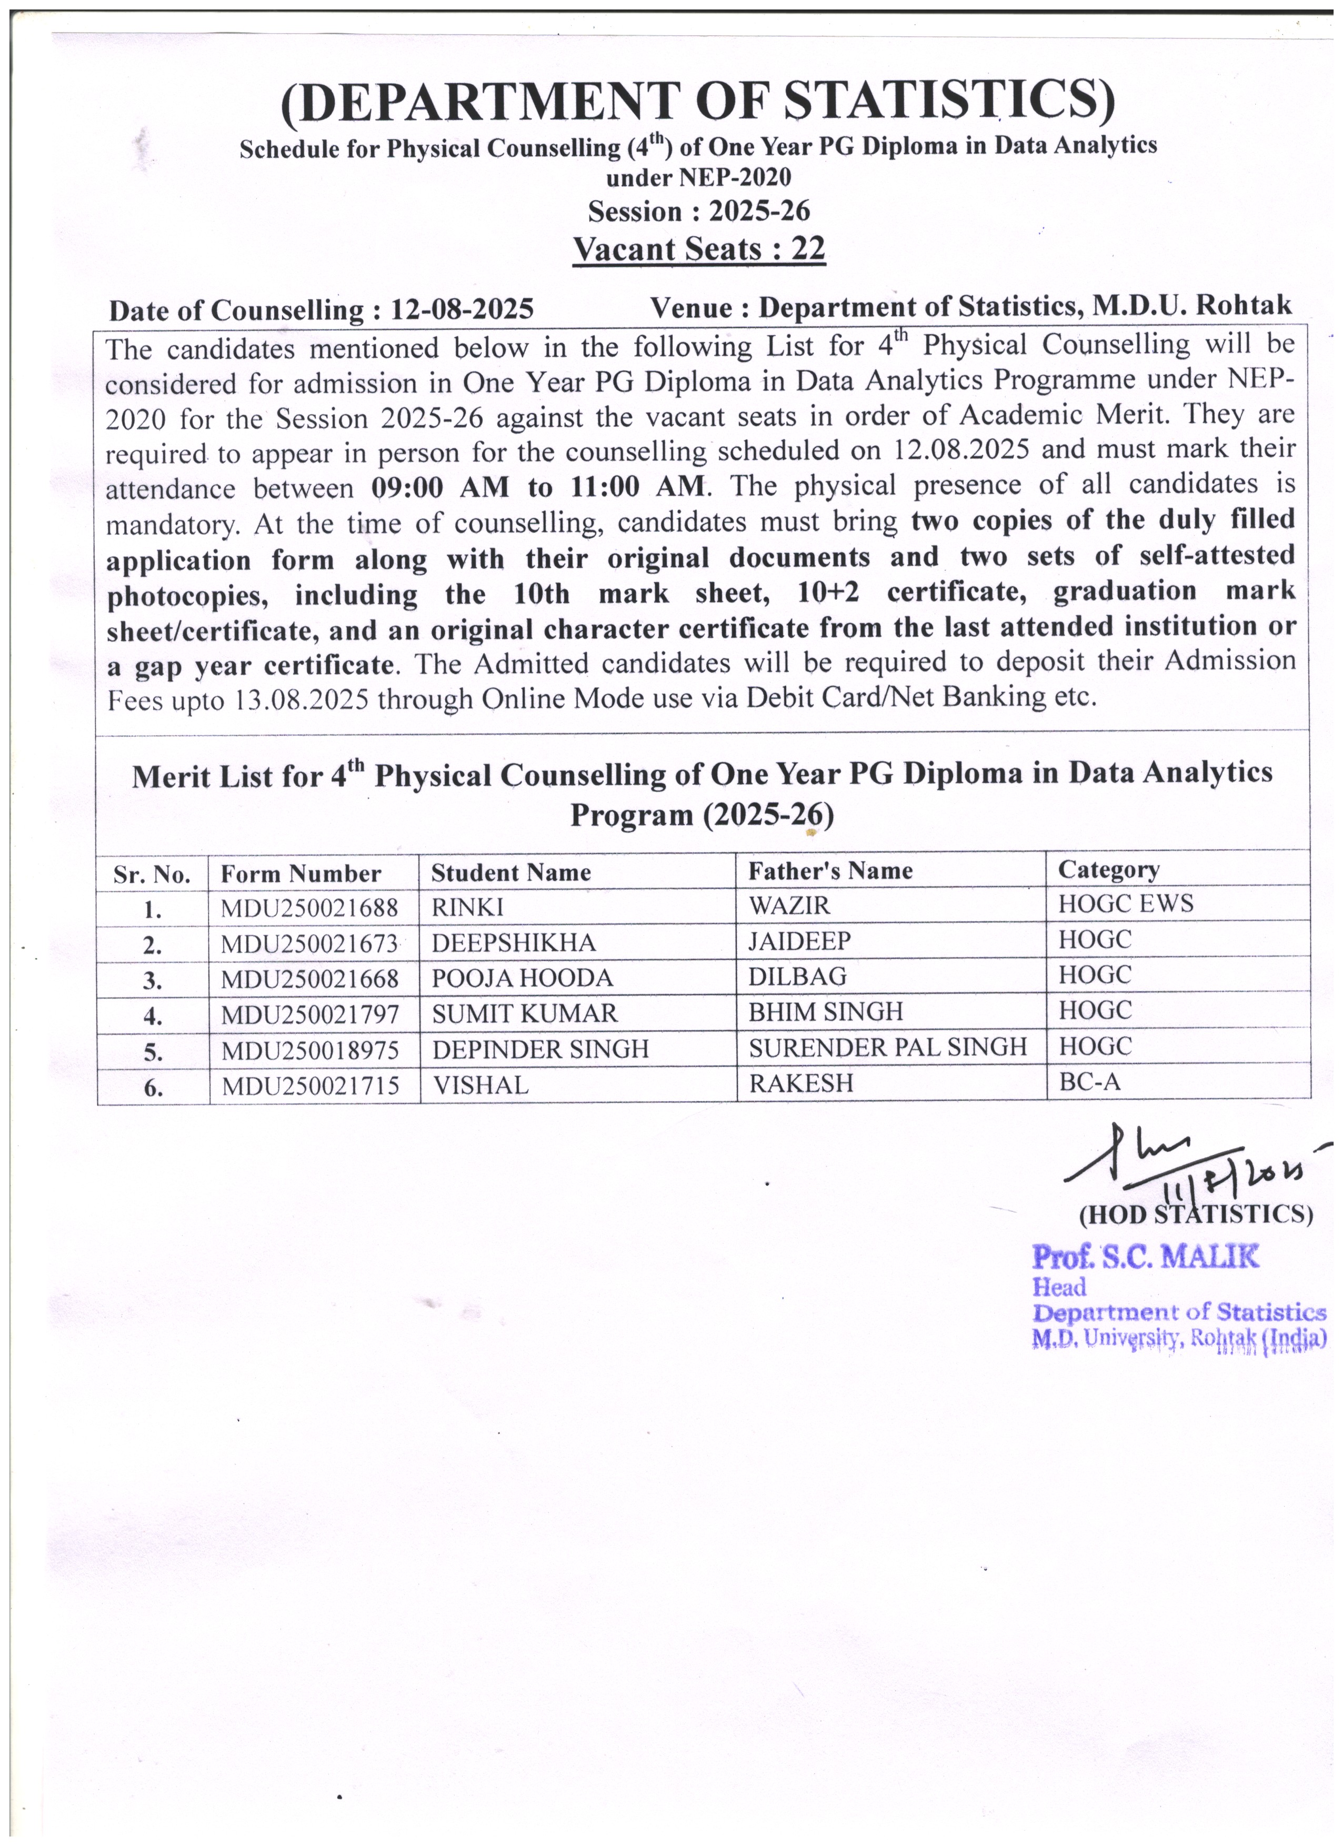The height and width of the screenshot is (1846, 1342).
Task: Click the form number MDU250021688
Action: tap(309, 908)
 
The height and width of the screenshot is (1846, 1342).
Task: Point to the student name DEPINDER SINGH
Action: tap(539, 1049)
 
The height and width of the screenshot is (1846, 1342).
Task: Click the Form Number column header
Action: tap(301, 874)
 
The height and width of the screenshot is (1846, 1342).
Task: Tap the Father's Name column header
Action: tap(830, 872)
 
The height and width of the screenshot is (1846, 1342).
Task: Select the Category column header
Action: tap(1108, 870)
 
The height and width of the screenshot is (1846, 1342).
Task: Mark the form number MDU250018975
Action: tap(309, 1051)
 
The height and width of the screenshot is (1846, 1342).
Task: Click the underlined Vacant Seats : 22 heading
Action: tap(698, 249)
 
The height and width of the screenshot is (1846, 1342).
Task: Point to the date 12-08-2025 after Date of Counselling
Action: tap(462, 310)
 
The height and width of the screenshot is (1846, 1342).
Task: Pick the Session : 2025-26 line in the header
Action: tap(698, 212)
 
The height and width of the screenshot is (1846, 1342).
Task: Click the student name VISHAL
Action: tap(480, 1085)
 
